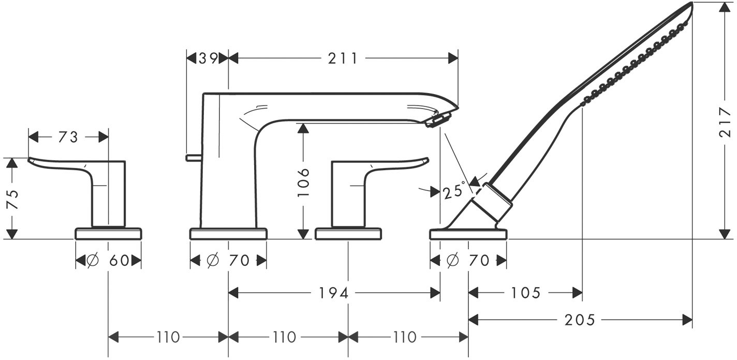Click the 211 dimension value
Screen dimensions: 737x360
pyautogui.click(x=343, y=59)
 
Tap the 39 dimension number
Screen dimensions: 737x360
pyautogui.click(x=209, y=58)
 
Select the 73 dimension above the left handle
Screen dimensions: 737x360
pyautogui.click(x=68, y=138)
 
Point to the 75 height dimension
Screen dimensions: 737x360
pyautogui.click(x=13, y=199)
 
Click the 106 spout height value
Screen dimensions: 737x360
pyautogui.click(x=303, y=183)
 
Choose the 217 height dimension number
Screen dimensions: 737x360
pyautogui.click(x=725, y=122)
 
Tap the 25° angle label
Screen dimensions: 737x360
pyautogui.click(x=454, y=191)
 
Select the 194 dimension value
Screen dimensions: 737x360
pyautogui.click(x=334, y=293)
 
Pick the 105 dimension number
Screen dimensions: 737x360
pyautogui.click(x=525, y=293)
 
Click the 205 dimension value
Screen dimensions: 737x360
pyautogui.click(x=580, y=320)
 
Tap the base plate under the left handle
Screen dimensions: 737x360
pyautogui.click(x=108, y=233)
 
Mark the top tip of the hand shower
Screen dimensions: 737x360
pyautogui.click(x=691, y=3)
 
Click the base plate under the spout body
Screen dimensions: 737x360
pyautogui.click(x=228, y=233)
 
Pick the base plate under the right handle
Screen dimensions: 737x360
pyautogui.click(x=348, y=233)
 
